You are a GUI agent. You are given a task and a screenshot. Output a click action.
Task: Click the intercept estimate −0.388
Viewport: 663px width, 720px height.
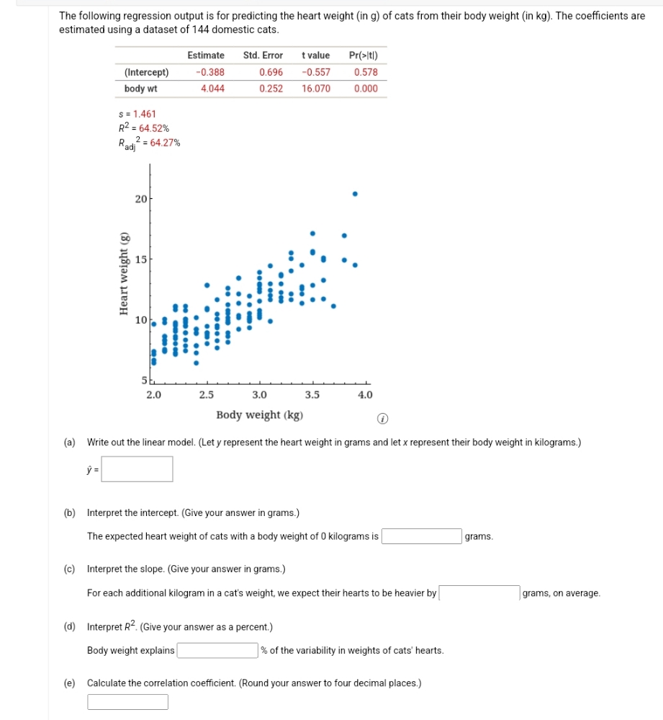coord(209,72)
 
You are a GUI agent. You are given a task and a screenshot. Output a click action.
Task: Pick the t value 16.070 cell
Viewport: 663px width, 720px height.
coord(316,89)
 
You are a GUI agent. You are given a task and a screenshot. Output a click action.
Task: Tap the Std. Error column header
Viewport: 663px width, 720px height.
coord(263,55)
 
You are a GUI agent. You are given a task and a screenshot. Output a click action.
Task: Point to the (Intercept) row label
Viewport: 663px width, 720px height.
coord(146,72)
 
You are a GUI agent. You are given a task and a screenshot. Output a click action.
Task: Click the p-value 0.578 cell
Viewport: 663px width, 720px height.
coord(366,72)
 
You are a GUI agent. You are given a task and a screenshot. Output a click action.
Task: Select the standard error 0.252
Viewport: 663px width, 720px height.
coord(271,89)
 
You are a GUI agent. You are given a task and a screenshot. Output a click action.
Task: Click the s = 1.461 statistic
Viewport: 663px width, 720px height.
coord(137,114)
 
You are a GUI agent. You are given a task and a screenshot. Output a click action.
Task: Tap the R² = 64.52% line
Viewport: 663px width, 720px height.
coord(144,128)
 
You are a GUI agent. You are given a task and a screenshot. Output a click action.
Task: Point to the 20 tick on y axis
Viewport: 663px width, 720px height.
coord(141,199)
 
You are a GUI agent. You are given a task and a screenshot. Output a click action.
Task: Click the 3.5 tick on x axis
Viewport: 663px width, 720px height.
coord(312,395)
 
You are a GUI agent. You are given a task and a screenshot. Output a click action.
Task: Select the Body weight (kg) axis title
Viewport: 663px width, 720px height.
coord(259,415)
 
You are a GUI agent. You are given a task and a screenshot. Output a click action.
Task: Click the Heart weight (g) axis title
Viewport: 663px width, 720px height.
coord(123,274)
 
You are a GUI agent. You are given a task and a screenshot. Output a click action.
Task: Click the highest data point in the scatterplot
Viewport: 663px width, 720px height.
coord(354,194)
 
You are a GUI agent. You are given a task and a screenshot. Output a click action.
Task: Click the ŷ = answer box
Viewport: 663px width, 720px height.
coord(137,469)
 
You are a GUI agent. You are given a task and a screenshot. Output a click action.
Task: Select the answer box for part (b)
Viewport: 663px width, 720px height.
coord(421,536)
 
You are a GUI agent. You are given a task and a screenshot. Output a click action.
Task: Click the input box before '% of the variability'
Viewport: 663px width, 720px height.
coord(217,650)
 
